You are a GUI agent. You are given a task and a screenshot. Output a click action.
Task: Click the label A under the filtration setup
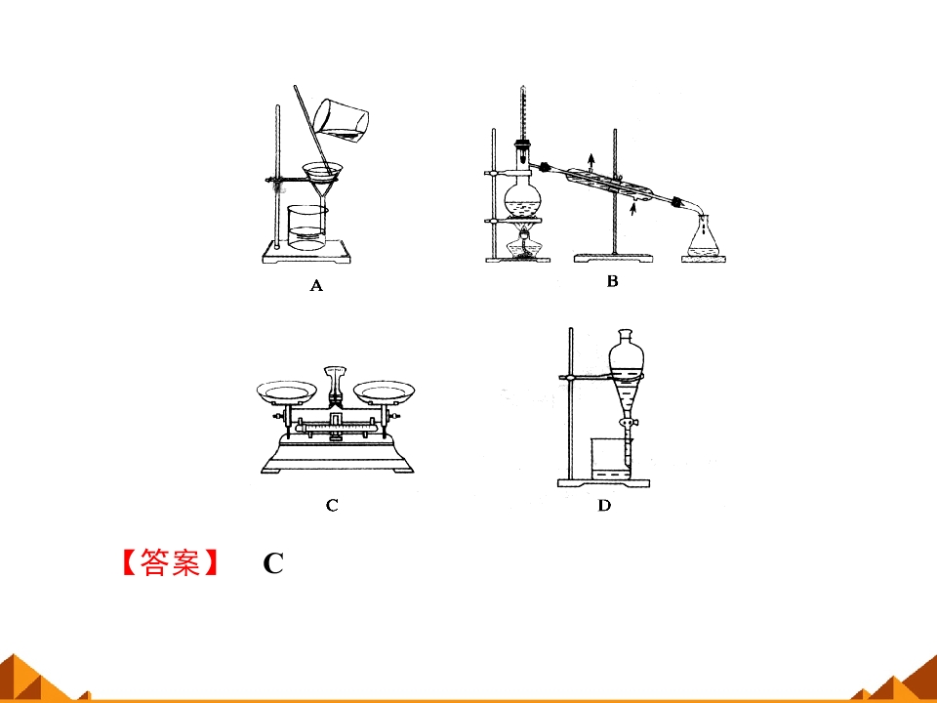pyautogui.click(x=316, y=286)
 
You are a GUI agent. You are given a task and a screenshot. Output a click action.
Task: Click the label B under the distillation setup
pyautogui.click(x=612, y=281)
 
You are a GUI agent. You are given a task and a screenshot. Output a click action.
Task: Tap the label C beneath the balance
pyautogui.click(x=332, y=505)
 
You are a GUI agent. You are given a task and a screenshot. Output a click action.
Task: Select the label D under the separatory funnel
pyautogui.click(x=604, y=506)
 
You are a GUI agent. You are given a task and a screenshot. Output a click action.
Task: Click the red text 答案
pyautogui.click(x=170, y=562)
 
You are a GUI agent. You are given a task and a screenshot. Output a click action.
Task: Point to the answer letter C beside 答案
pyautogui.click(x=273, y=563)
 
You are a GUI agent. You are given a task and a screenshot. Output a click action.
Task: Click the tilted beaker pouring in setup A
pyautogui.click(x=341, y=120)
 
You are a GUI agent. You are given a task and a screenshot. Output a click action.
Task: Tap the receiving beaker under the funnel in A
pyautogui.click(x=307, y=227)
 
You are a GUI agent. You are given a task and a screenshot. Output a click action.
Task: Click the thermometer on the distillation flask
pyautogui.click(x=523, y=124)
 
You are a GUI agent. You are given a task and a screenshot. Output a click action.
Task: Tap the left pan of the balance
pyautogui.click(x=287, y=392)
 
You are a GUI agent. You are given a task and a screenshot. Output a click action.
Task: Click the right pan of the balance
pyautogui.click(x=384, y=392)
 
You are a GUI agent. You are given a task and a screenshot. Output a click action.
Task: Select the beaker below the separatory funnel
pyautogui.click(x=611, y=459)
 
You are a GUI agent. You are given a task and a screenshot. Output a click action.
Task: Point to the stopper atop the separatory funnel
pyautogui.click(x=625, y=335)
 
